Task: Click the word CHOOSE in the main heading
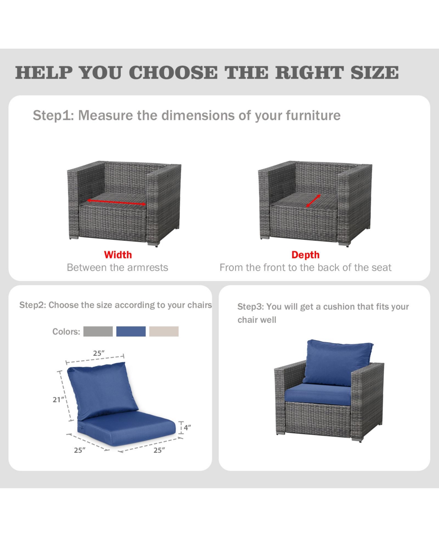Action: click(x=173, y=73)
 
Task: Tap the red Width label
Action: click(x=118, y=255)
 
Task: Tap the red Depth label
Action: click(x=305, y=255)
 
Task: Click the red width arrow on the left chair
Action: click(x=116, y=202)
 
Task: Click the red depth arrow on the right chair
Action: click(x=313, y=201)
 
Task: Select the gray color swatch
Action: click(x=98, y=331)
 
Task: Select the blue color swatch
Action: click(x=131, y=331)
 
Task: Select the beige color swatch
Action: click(x=164, y=331)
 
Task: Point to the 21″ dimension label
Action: click(x=58, y=400)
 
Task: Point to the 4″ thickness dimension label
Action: click(x=187, y=427)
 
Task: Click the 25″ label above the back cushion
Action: click(x=99, y=353)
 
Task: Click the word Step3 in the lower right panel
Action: click(x=251, y=307)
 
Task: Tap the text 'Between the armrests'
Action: click(x=117, y=268)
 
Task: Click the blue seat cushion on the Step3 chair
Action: click(x=318, y=393)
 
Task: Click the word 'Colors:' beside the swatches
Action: click(x=66, y=332)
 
